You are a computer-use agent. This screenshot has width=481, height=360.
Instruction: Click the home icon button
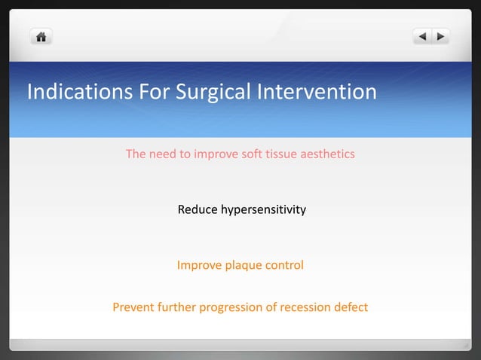coord(41,36)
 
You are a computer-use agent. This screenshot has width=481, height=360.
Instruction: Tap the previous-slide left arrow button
coord(422,36)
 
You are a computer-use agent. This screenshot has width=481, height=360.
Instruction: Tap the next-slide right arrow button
coord(440,36)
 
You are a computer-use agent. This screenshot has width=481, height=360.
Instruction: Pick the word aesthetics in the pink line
coord(327,154)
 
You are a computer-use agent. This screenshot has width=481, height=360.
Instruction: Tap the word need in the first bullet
coord(161,154)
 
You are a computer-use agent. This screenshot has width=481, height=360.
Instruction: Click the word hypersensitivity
coord(263,210)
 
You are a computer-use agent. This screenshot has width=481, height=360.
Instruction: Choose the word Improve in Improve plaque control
coord(198,266)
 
